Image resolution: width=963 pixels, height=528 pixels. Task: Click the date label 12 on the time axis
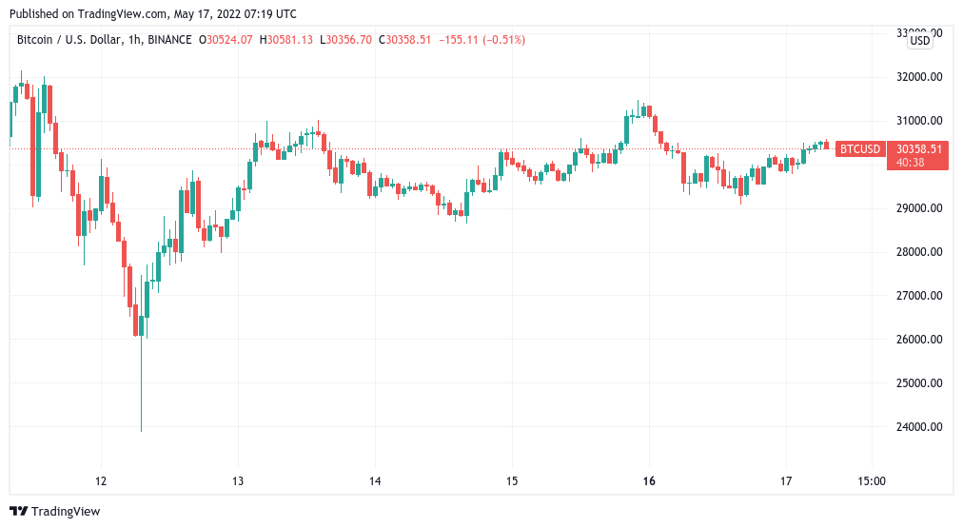[102, 480]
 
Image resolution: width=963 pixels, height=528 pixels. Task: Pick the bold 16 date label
[650, 480]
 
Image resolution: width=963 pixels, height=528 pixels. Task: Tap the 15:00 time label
[872, 480]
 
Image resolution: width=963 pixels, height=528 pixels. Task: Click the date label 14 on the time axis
[375, 480]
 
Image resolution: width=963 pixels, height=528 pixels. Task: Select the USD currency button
[920, 40]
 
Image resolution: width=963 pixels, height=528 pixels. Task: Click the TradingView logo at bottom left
[54, 512]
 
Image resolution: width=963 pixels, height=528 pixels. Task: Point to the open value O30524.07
[226, 40]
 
